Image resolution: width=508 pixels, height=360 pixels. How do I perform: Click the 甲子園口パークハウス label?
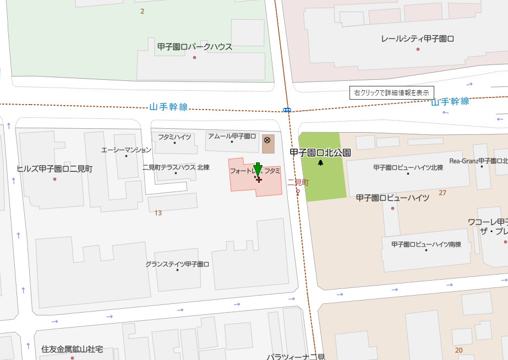[x=194, y=47]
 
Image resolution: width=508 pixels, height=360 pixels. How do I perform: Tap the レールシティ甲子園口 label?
[x=418, y=39]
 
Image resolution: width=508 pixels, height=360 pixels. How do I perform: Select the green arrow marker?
[x=258, y=170]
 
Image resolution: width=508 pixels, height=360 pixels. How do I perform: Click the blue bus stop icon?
[x=287, y=110]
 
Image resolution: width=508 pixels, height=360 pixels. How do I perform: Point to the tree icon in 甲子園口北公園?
[x=321, y=163]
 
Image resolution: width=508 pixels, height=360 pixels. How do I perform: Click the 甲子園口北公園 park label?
[x=320, y=152]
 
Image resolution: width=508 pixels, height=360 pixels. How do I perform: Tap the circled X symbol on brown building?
[x=267, y=140]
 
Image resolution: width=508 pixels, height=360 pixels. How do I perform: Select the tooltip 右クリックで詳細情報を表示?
[x=392, y=93]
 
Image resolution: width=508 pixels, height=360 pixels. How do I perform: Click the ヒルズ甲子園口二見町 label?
[x=54, y=169]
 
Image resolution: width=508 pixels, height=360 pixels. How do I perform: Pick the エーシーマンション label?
[x=126, y=150]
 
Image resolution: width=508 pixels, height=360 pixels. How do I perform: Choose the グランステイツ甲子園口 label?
[x=177, y=264]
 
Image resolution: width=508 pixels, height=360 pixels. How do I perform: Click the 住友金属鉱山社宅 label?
[x=72, y=349]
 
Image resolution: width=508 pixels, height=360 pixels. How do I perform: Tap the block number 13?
[x=158, y=213]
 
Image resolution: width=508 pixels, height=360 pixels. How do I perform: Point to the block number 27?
[x=443, y=193]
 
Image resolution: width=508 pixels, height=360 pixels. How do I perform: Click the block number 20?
[x=458, y=350]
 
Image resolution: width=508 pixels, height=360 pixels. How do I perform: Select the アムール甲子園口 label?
[x=232, y=136]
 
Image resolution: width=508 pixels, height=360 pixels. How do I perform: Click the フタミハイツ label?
[x=174, y=137]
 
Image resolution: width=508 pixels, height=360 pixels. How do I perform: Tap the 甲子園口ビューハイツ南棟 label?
[x=426, y=244]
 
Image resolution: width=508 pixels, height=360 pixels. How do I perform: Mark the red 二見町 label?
[x=298, y=182]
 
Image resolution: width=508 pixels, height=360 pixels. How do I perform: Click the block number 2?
[x=142, y=11]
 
